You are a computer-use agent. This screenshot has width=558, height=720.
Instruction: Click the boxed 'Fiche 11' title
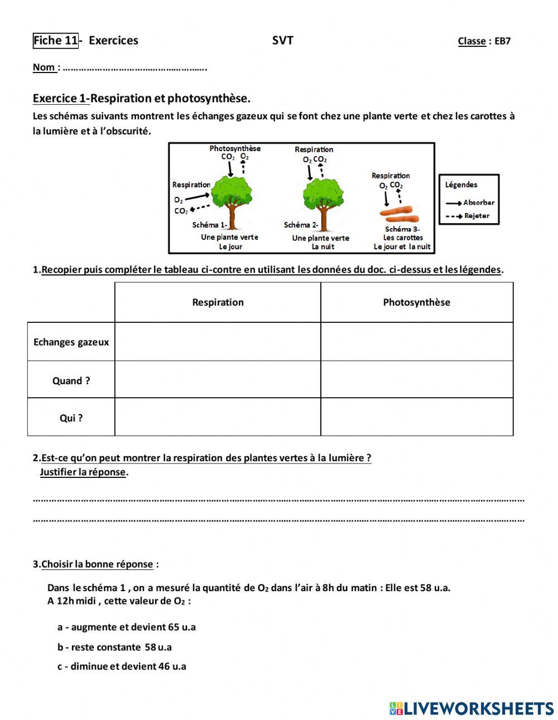point(56,40)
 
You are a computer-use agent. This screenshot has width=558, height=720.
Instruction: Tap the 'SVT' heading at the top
point(282,40)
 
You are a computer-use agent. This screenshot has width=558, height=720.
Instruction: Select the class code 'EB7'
point(502,41)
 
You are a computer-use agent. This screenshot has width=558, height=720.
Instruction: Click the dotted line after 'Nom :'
point(134,68)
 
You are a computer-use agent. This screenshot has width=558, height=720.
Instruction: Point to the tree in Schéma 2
point(323,198)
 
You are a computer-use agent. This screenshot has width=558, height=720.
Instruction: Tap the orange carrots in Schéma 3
point(398,214)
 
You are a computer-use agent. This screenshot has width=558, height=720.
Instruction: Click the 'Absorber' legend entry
point(478,202)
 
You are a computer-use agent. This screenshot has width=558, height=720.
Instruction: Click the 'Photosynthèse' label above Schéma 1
point(235,148)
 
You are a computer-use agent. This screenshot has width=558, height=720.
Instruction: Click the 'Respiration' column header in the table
point(218,302)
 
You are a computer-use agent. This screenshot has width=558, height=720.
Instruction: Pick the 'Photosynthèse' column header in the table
point(416,302)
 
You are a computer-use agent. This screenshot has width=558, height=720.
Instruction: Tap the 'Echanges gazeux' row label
point(71,342)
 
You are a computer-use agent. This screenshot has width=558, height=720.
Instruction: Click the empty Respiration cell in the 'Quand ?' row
point(218,379)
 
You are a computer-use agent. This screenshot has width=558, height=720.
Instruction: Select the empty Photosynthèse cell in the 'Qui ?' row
point(416,417)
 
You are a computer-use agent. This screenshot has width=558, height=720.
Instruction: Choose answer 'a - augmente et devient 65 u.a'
point(126,627)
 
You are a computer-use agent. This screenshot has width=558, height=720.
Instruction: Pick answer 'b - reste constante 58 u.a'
point(114,647)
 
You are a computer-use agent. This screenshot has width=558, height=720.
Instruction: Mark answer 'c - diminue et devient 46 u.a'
point(122,666)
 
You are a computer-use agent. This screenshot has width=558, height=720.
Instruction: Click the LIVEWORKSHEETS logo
point(472,708)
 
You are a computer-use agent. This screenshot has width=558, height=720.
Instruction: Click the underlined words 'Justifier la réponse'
point(83,472)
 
